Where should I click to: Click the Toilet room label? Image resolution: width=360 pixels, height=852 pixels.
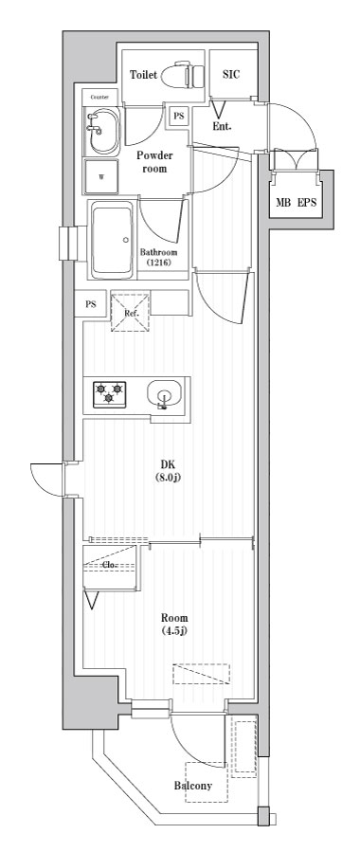[x=143, y=75]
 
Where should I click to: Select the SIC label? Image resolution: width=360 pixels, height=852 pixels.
[x=232, y=75]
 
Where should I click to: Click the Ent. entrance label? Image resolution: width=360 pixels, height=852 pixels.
[x=222, y=127]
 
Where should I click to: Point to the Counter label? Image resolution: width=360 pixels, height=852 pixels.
[x=99, y=97]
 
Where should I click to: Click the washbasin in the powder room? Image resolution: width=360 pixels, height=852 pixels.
[x=102, y=131]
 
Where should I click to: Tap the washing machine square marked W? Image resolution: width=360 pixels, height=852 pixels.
[x=101, y=176]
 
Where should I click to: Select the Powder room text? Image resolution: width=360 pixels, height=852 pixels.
[x=154, y=162]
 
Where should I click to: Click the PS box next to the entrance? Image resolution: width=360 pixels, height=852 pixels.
[x=179, y=116]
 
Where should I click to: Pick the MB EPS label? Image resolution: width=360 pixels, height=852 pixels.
[x=296, y=203]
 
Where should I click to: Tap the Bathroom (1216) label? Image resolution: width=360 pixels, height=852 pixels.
[x=159, y=258]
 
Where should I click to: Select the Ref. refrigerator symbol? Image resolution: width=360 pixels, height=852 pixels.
[x=131, y=312]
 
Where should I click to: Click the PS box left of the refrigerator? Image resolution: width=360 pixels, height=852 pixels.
[x=90, y=304]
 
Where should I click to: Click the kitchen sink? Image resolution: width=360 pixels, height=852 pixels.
[x=164, y=394]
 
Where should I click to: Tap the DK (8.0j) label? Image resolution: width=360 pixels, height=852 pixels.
[x=170, y=471]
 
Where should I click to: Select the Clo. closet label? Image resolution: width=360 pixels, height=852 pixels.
[x=109, y=564]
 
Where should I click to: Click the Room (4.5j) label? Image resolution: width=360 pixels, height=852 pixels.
[x=175, y=624]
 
